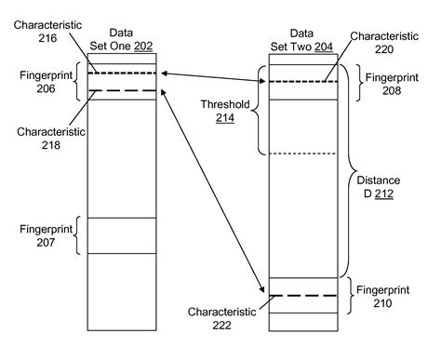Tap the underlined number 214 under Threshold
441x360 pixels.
coord(223,119)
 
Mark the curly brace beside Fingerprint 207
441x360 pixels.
coord(79,235)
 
